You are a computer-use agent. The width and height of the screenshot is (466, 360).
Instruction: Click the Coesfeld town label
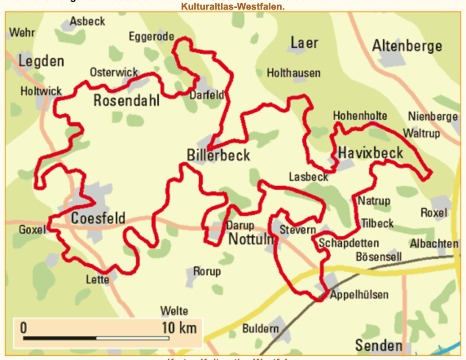[98, 218]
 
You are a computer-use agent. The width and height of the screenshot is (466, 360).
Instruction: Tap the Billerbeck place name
[218, 155]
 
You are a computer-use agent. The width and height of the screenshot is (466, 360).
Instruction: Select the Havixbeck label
[370, 153]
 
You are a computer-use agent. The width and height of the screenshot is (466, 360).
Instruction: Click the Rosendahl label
[127, 100]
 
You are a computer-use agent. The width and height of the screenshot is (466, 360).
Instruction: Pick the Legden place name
[41, 61]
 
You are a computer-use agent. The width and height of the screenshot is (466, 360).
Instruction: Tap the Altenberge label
[407, 46]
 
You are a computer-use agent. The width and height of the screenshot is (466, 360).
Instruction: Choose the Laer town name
[304, 43]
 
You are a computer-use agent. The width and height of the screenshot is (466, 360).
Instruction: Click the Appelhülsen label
[359, 294]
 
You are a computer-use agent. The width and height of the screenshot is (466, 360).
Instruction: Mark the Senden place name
[379, 345]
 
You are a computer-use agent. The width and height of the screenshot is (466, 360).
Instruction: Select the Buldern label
[260, 328]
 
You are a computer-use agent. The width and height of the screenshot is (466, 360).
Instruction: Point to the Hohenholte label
[360, 116]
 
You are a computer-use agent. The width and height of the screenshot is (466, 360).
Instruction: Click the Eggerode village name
[151, 36]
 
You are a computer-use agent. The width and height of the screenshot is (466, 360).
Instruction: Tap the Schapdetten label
[349, 243]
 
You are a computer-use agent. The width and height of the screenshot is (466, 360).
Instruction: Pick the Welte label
[174, 311]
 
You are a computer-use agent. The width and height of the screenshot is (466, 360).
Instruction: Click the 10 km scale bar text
[179, 327]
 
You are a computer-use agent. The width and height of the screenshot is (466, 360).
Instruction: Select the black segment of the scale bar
[60, 338]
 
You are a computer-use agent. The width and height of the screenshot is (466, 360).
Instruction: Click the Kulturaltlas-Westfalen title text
[233, 7]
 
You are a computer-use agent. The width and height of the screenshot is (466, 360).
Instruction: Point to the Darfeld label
[207, 95]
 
